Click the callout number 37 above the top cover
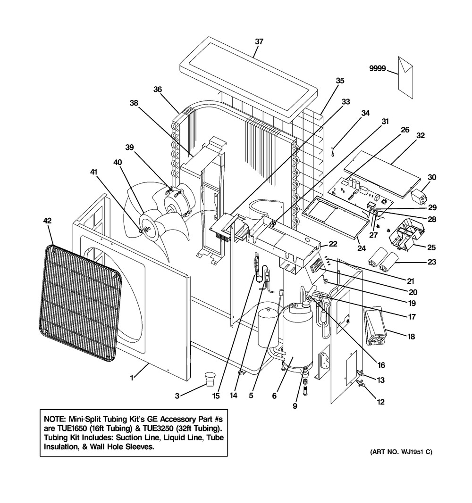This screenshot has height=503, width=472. pyautogui.click(x=259, y=41)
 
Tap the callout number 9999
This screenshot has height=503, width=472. pyautogui.click(x=377, y=68)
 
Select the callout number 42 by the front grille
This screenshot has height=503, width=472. pyautogui.click(x=47, y=221)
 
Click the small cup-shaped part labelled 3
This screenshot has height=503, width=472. pyautogui.click(x=211, y=379)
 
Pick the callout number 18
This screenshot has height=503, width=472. pyautogui.click(x=411, y=337)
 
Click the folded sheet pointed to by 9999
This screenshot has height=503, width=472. pyautogui.click(x=405, y=77)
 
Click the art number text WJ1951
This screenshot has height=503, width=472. pyautogui.click(x=412, y=452)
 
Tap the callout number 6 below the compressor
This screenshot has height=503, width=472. pyautogui.click(x=274, y=396)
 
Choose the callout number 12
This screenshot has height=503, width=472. pyautogui.click(x=380, y=402)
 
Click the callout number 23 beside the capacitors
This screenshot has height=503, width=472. pyautogui.click(x=432, y=262)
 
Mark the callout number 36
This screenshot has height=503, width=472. pyautogui.click(x=157, y=90)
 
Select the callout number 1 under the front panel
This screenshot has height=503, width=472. pyautogui.click(x=132, y=378)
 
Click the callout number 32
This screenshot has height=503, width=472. pyautogui.click(x=420, y=135)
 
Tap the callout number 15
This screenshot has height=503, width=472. pyautogui.click(x=216, y=396)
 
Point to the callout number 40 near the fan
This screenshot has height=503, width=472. pyautogui.click(x=118, y=162)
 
